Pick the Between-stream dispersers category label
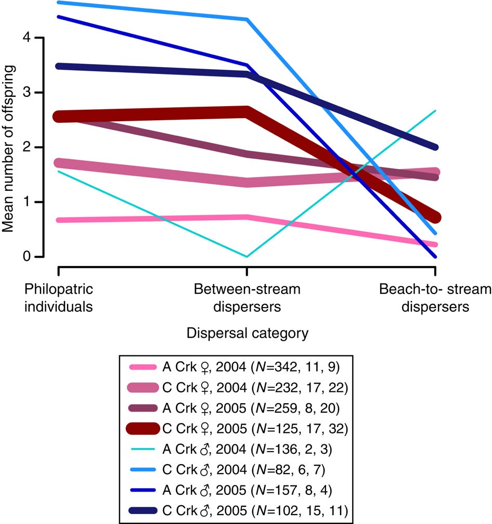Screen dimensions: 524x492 coord(247,297)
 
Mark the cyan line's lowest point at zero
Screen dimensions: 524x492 coord(247,257)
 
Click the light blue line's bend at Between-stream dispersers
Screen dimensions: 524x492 coord(247,20)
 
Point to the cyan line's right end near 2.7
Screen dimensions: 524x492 coord(435,111)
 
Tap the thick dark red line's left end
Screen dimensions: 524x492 coord(59,117)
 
